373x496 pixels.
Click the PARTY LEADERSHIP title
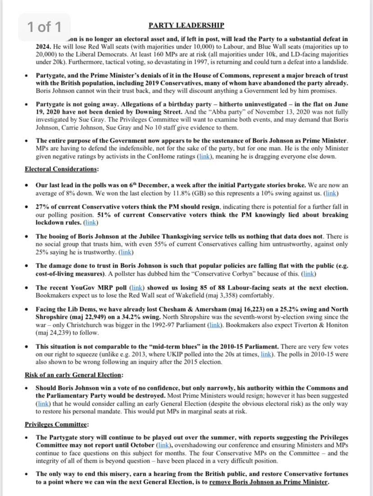[186, 26]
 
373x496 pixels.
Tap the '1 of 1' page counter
[44, 27]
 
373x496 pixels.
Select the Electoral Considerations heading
[62, 169]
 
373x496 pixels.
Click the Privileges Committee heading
[56, 424]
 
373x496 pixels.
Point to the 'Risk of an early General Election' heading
[73, 375]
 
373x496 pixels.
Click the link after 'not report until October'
[162, 445]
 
